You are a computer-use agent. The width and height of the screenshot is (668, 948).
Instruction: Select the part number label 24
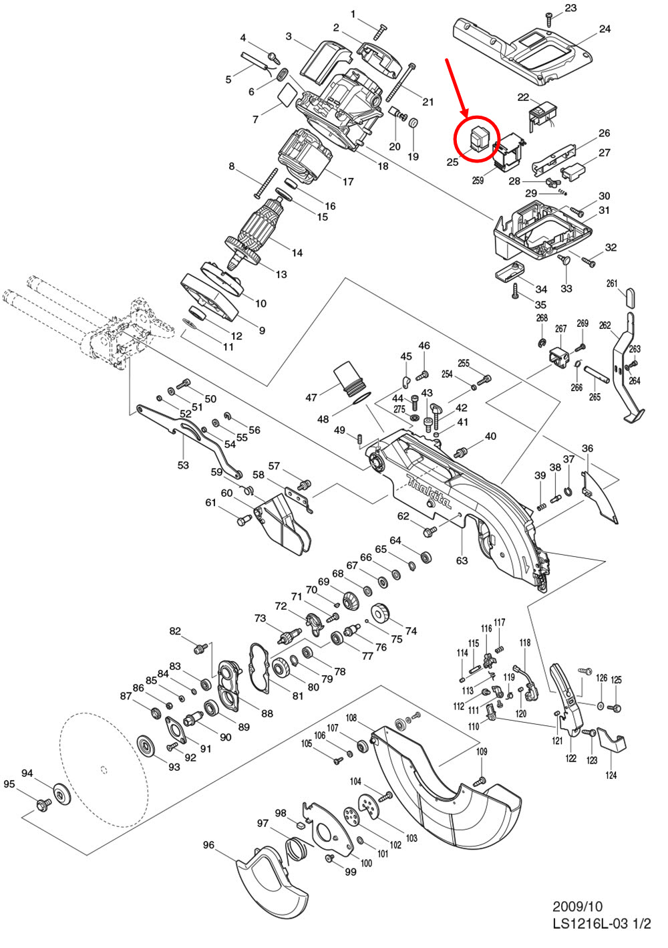pyautogui.click(x=604, y=29)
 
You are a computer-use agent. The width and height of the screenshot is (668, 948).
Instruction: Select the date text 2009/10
pyautogui.click(x=576, y=907)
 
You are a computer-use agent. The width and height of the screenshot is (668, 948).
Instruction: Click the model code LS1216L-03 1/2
pyautogui.click(x=601, y=924)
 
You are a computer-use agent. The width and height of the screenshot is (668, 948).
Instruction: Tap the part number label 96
pyautogui.click(x=209, y=845)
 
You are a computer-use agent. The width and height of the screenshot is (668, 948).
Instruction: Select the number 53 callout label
pyautogui.click(x=183, y=465)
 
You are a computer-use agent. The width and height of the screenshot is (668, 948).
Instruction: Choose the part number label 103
pyautogui.click(x=411, y=838)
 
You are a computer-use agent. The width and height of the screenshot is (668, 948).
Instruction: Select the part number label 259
pyautogui.click(x=478, y=181)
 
